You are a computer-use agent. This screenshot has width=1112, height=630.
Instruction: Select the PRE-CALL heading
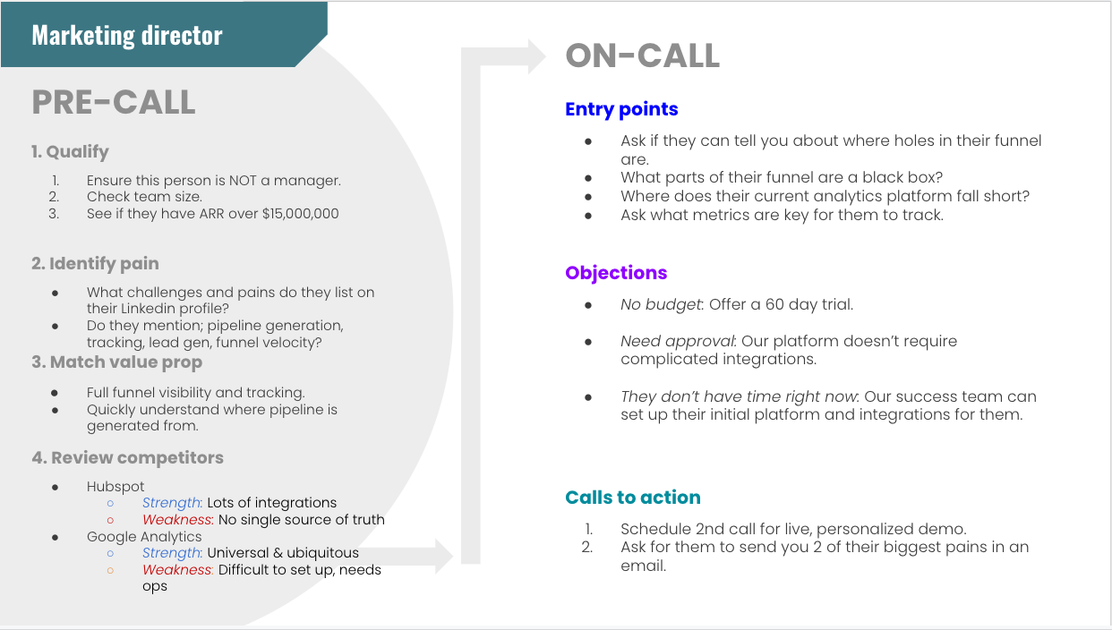(x=114, y=103)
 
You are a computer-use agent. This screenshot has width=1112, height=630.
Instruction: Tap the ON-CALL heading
(x=642, y=55)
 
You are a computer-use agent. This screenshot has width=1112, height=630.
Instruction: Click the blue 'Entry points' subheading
(x=621, y=109)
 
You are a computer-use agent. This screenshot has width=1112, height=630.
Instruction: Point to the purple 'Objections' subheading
(x=616, y=273)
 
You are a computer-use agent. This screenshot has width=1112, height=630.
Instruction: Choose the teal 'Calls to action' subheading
(x=633, y=497)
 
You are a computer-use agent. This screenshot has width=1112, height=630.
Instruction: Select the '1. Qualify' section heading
(x=70, y=152)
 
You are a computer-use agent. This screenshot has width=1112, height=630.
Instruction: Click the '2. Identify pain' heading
(x=95, y=263)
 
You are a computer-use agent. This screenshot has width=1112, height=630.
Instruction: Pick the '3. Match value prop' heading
(x=117, y=362)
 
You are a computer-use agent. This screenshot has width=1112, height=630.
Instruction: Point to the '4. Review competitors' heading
(x=127, y=457)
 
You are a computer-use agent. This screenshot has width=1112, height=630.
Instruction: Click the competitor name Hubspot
(x=115, y=487)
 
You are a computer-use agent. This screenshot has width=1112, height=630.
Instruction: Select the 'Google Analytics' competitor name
(x=144, y=537)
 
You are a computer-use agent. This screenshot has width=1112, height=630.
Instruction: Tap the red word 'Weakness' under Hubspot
(x=177, y=520)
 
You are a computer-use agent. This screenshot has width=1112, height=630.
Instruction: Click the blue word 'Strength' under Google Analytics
(x=172, y=553)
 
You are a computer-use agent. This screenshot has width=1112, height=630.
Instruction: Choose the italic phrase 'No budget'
(x=661, y=304)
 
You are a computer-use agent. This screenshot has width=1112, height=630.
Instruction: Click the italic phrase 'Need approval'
(x=677, y=341)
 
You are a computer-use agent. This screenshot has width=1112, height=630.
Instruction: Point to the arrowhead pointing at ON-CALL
(x=537, y=56)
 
